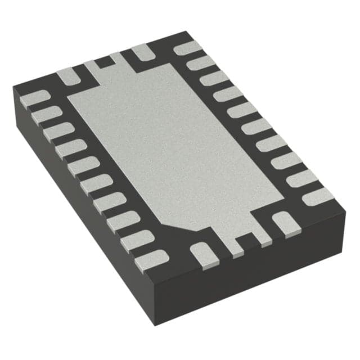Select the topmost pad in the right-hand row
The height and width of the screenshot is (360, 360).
click(188, 48)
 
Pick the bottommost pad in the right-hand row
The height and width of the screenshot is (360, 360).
click(318, 196)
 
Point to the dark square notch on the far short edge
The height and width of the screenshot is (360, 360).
click(102, 62)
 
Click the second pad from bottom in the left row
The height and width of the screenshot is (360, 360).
click(137, 240)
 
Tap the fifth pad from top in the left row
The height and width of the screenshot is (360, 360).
click(84, 166)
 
